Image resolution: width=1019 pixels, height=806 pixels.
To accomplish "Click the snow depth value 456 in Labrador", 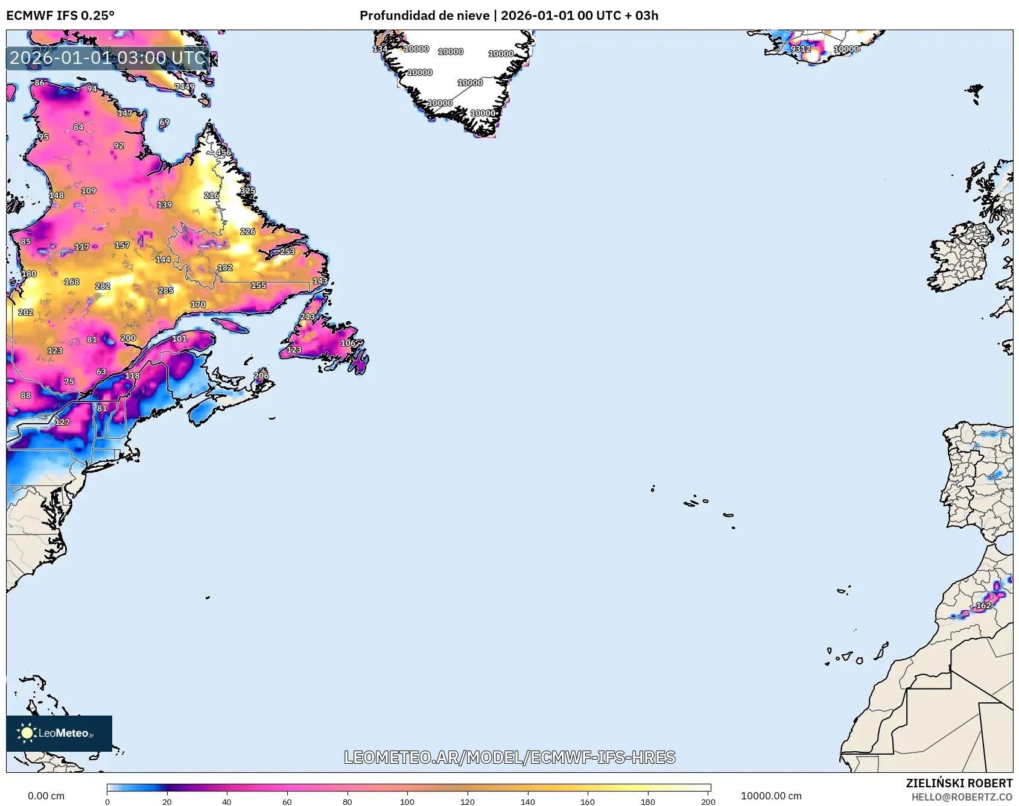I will tap(223, 153).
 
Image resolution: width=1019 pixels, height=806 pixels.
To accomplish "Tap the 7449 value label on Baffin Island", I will tap(185, 87).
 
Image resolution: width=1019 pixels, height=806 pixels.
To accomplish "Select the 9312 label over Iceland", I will tap(801, 49).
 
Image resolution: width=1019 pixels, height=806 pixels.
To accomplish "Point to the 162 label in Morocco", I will tap(983, 605).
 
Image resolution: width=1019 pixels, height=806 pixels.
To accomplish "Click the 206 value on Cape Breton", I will tap(261, 376).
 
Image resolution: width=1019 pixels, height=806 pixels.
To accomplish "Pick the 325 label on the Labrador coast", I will tap(247, 190).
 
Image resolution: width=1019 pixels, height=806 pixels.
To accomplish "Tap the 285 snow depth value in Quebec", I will tap(166, 291).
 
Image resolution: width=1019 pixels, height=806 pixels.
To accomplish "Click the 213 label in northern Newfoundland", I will tap(308, 316).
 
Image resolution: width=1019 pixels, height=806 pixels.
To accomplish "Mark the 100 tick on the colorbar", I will tap(407, 801).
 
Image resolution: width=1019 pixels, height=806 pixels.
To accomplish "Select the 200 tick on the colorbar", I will tap(708, 801).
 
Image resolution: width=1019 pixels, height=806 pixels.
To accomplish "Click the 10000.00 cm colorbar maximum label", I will tap(771, 796).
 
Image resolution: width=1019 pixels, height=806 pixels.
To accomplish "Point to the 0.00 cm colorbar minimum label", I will tap(46, 796).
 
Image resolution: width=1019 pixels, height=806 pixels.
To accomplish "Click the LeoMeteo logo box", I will tap(59, 733).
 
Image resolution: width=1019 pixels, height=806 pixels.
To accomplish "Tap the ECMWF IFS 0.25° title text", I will tap(60, 16).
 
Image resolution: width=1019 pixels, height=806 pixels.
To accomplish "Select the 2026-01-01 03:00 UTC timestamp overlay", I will tap(108, 58).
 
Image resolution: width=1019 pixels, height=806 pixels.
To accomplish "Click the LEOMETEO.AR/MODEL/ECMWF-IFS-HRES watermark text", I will tap(509, 757).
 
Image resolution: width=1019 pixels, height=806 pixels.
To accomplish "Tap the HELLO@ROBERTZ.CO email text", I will tap(962, 797).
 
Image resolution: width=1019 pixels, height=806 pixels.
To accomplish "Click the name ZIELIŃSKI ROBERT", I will tap(959, 783).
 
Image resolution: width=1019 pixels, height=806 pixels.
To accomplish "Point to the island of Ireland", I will tap(959, 259).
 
